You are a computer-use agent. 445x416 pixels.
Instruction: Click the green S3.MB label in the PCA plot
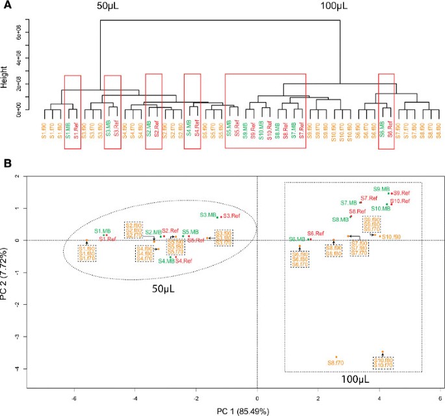(208, 215)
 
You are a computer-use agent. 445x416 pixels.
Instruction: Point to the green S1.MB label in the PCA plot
(102, 231)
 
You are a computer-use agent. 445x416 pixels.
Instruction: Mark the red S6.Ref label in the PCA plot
(316, 233)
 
